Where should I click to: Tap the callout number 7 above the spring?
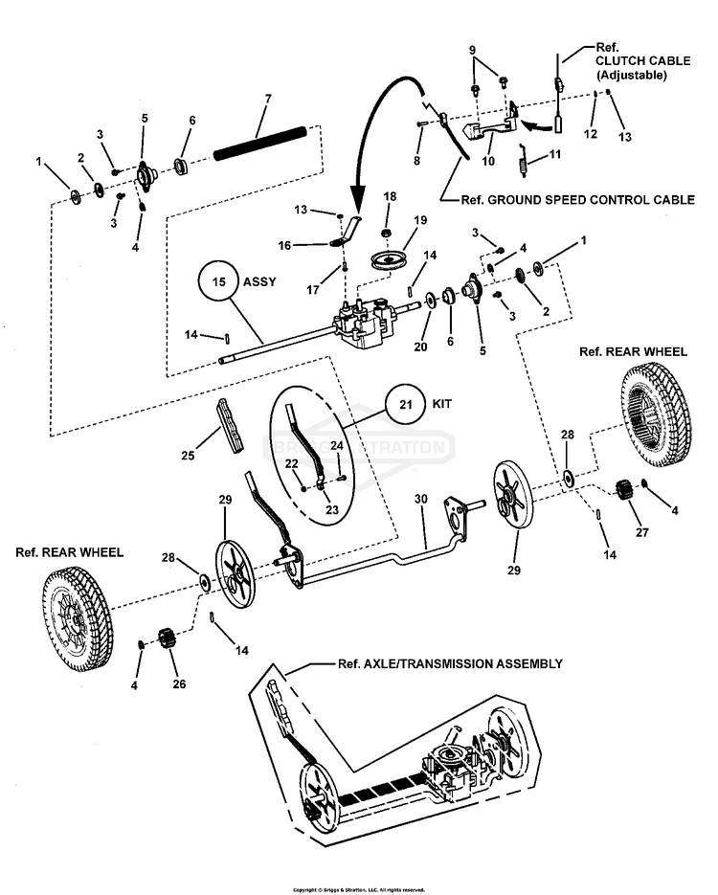click(268, 99)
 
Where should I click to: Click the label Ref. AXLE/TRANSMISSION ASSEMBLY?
click(449, 662)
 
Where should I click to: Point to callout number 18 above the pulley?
click(390, 195)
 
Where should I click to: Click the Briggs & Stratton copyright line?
click(358, 889)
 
